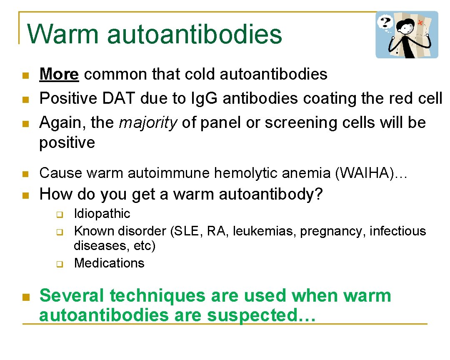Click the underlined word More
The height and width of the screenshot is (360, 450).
59,74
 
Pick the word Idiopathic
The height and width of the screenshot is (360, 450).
102,214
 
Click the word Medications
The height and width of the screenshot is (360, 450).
109,263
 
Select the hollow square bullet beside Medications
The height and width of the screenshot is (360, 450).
59,264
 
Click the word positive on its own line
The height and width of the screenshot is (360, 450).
67,142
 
